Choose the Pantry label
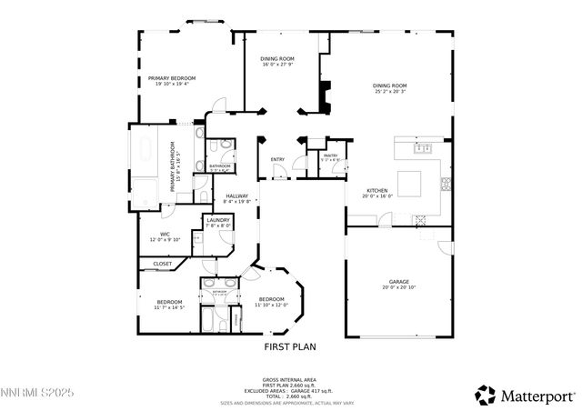coord(330,158)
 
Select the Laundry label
coord(218,223)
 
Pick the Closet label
coord(163,264)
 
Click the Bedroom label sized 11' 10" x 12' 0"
coord(272,302)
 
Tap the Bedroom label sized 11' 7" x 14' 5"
coord(170,305)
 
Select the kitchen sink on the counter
coord(422,146)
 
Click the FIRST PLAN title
coord(290,346)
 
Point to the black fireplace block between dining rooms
coord(324,95)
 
